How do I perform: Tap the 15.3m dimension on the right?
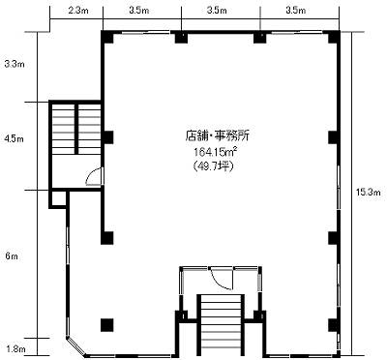tap(369, 193)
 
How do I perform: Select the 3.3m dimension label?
tap(15, 64)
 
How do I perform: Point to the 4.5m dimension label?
tap(14, 139)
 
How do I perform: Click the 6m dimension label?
tap(12, 256)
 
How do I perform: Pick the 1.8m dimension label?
tap(15, 349)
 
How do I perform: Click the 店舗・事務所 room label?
tap(217, 135)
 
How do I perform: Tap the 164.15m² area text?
tap(218, 151)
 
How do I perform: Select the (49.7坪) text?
tap(213, 166)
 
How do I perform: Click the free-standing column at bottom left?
tap(107, 325)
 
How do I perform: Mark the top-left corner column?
tap(107, 37)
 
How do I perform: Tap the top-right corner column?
tap(335, 37)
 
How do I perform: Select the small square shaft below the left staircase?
tap(58, 199)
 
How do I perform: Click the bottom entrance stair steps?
tap(221, 326)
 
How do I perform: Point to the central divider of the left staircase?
tap(76, 129)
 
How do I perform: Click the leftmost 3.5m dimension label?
tap(139, 11)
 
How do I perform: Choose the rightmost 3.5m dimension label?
tap(296, 11)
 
